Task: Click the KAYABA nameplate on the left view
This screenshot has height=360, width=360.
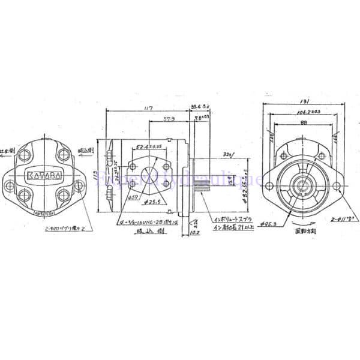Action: coord(44,176)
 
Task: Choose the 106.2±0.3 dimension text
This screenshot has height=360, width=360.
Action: coord(306,112)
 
